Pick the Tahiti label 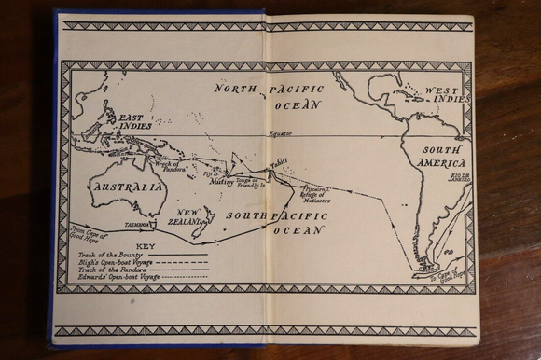278,162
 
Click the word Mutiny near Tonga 222,183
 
